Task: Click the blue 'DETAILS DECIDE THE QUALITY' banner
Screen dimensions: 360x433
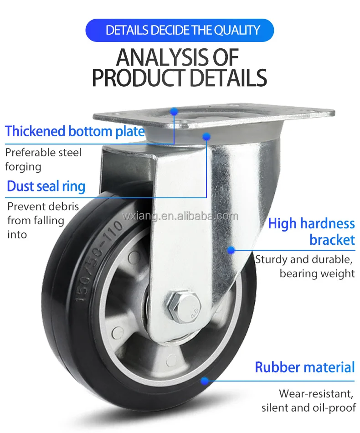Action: pyautogui.click(x=180, y=31)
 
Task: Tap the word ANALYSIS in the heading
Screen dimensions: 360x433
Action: pyautogui.click(x=157, y=58)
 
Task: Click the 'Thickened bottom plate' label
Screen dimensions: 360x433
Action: pyautogui.click(x=75, y=132)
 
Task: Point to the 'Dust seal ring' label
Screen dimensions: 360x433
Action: pyautogui.click(x=46, y=186)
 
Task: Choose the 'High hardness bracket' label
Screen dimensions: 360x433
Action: pyautogui.click(x=312, y=232)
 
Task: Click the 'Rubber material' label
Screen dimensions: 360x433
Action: pyautogui.click(x=304, y=367)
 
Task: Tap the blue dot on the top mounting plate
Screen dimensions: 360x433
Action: pyautogui.click(x=174, y=111)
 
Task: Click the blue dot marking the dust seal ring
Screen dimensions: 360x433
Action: pyautogui.click(x=206, y=136)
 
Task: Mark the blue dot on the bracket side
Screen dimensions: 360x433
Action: pyautogui.click(x=231, y=249)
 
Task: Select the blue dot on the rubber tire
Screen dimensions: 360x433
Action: pyautogui.click(x=205, y=380)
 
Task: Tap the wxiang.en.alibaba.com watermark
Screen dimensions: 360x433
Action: pyautogui.click(x=180, y=216)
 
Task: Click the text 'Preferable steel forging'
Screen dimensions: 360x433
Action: pyautogui.click(x=43, y=159)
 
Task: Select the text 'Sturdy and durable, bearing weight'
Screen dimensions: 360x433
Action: pyautogui.click(x=304, y=267)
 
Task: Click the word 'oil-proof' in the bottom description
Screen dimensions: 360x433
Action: pyautogui.click(x=334, y=407)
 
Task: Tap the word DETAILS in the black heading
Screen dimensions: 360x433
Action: pyautogui.click(x=228, y=78)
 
